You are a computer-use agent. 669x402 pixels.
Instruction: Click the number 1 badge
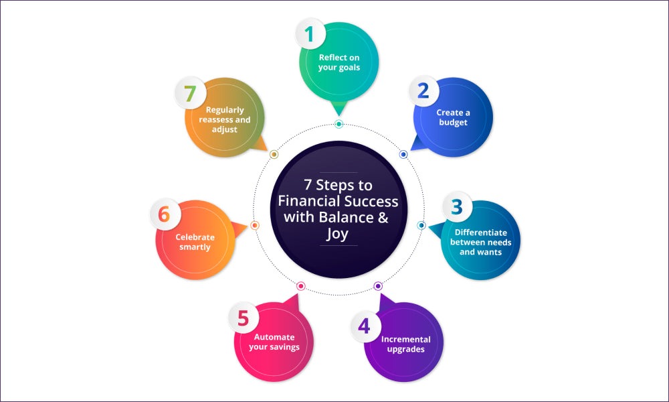coord(310,33)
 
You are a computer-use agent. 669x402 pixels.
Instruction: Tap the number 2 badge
coord(423,90)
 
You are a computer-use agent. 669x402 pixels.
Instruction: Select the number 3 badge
coord(456,207)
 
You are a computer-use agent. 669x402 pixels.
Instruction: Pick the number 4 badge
coord(365,326)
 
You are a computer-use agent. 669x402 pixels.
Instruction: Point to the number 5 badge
coord(244,318)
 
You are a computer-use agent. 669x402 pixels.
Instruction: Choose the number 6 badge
coord(165,214)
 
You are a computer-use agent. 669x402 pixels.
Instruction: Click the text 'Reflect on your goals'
coord(339,62)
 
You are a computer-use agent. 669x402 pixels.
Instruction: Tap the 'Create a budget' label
coord(453,117)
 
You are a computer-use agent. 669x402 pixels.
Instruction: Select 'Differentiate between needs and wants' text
coord(481,243)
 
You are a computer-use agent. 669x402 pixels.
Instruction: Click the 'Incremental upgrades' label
coord(406,344)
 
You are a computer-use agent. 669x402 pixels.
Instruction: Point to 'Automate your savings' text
coord(274,342)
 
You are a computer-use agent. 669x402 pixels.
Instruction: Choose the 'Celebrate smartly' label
coord(195,243)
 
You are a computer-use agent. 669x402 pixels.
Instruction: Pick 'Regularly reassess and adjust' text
coord(225,120)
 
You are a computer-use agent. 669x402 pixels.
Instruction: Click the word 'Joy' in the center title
coord(337,234)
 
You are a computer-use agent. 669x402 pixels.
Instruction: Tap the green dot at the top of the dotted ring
coord(339,124)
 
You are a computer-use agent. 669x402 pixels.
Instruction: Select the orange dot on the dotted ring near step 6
coord(255,225)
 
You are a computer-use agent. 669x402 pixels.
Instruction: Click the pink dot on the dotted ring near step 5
coord(301,286)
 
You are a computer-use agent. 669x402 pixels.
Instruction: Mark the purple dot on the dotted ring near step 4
coord(378,286)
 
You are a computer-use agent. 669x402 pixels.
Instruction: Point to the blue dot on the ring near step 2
coord(403,154)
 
